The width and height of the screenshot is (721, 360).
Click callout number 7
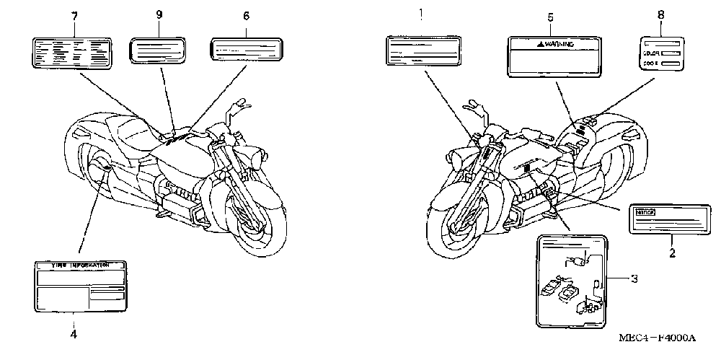click(x=74, y=16)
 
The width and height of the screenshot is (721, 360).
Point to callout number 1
click(x=423, y=12)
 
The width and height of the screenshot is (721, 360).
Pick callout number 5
click(x=550, y=16)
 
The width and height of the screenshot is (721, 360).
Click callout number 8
click(x=660, y=14)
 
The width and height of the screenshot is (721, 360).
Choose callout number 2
click(x=671, y=253)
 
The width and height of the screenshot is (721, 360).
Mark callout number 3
click(x=634, y=278)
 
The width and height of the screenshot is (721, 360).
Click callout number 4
click(x=74, y=333)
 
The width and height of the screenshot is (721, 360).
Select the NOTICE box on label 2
click(x=643, y=212)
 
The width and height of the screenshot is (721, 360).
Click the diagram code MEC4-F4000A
click(x=658, y=338)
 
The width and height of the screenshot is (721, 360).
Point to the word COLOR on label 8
click(x=652, y=53)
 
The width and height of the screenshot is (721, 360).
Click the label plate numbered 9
click(x=159, y=51)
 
